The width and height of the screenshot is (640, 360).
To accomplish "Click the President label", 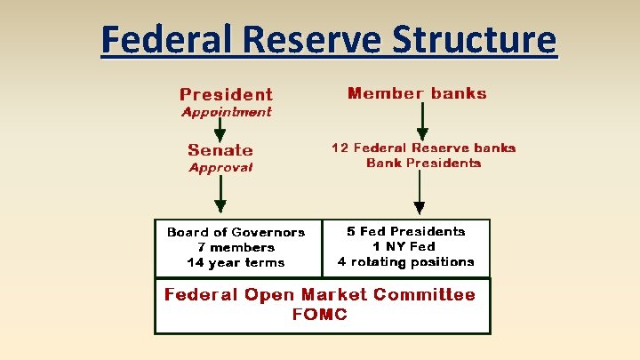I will pyautogui.click(x=226, y=94).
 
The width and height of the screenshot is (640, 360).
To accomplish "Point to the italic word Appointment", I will pyautogui.click(x=226, y=112).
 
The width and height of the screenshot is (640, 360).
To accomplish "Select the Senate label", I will pyautogui.click(x=220, y=150).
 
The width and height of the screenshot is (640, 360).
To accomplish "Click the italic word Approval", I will pyautogui.click(x=220, y=167).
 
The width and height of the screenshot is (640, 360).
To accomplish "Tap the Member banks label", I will pyautogui.click(x=417, y=93).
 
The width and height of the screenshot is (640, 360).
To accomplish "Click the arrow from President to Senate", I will pyautogui.click(x=220, y=130).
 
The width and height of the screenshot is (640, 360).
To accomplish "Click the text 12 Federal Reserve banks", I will pyautogui.click(x=423, y=148).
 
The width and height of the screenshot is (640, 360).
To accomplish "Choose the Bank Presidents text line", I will pyautogui.click(x=423, y=163).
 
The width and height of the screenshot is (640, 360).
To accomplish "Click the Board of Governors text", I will pyautogui.click(x=236, y=232).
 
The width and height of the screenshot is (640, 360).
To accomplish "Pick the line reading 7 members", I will pyautogui.click(x=236, y=247).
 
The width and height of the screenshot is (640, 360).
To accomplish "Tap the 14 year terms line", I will pyautogui.click(x=236, y=262).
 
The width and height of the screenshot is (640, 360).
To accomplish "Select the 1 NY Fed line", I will pyautogui.click(x=405, y=246).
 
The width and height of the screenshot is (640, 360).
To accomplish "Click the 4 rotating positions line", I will pyautogui.click(x=405, y=261).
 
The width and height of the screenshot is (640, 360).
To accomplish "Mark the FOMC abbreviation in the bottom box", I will pyautogui.click(x=319, y=314).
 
